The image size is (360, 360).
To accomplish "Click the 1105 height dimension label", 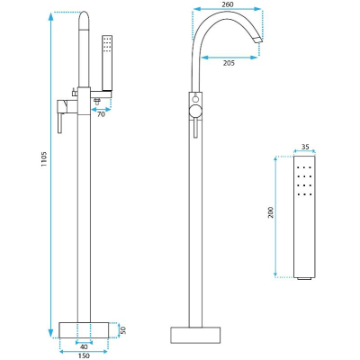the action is click(x=44, y=159).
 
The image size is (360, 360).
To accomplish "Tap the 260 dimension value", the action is click(x=227, y=4).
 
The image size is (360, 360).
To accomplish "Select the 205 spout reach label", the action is click(x=229, y=63).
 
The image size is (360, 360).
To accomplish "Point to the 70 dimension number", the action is click(x=102, y=114).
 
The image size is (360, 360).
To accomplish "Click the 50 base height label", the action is click(x=122, y=329).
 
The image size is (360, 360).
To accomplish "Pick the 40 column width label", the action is click(x=84, y=346).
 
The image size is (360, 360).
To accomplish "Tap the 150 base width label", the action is click(x=84, y=355).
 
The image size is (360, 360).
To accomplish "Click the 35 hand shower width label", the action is click(x=305, y=147).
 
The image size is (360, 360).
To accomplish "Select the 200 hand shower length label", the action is click(x=271, y=212).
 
